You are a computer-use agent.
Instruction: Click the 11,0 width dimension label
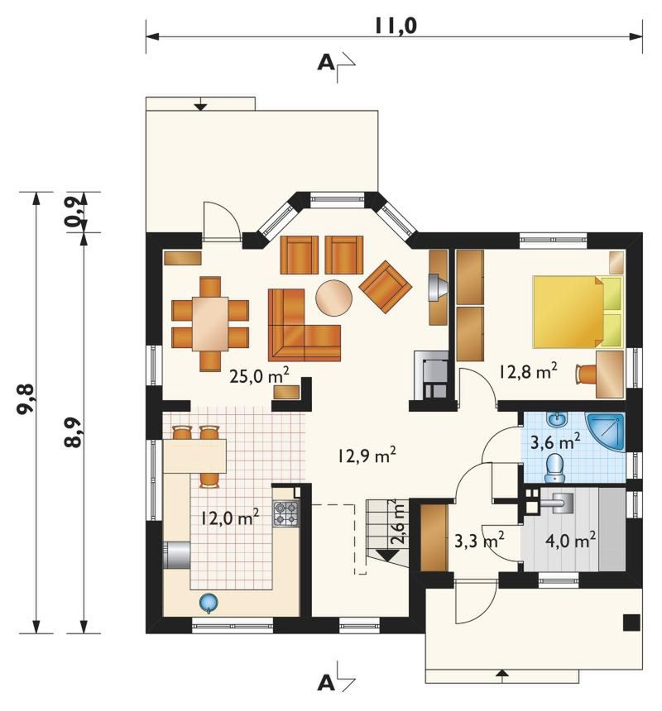396,26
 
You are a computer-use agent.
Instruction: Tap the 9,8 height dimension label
26,398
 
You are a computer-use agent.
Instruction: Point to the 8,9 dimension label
73,432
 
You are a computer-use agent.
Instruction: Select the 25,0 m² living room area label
259,375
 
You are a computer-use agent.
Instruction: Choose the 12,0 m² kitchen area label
230,517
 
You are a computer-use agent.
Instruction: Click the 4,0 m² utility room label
570,540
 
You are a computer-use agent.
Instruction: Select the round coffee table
333,297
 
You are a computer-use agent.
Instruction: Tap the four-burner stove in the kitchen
285,513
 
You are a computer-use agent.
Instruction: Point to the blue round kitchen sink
209,603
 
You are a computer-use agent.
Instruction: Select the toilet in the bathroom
554,469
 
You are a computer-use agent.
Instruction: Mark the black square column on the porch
631,622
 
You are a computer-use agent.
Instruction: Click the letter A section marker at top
326,62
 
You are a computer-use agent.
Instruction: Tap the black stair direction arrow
387,555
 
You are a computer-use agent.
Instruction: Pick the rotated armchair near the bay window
385,287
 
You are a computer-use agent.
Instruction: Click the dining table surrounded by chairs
210,323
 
